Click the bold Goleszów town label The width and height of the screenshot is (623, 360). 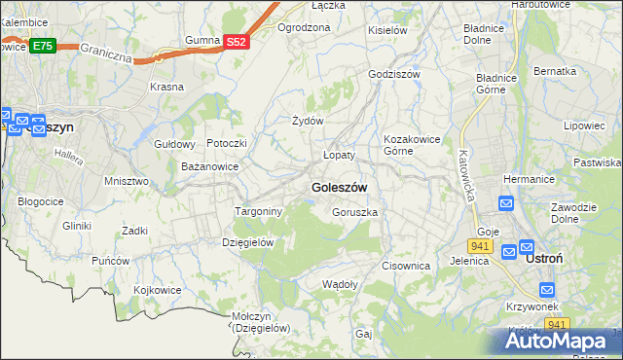pyautogui.click(x=339, y=187)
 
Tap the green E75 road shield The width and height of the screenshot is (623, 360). pyautogui.click(x=42, y=46)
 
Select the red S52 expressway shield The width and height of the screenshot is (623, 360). pyautogui.click(x=237, y=42)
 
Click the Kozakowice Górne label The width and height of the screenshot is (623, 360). pyautogui.click(x=414, y=145)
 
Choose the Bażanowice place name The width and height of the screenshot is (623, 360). pyautogui.click(x=210, y=167)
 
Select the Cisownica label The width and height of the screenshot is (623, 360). pyautogui.click(x=406, y=266)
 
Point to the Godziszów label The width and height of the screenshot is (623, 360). pyautogui.click(x=394, y=74)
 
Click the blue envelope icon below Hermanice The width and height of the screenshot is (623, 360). pyautogui.click(x=506, y=203)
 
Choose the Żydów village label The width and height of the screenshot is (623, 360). pyautogui.click(x=308, y=121)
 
